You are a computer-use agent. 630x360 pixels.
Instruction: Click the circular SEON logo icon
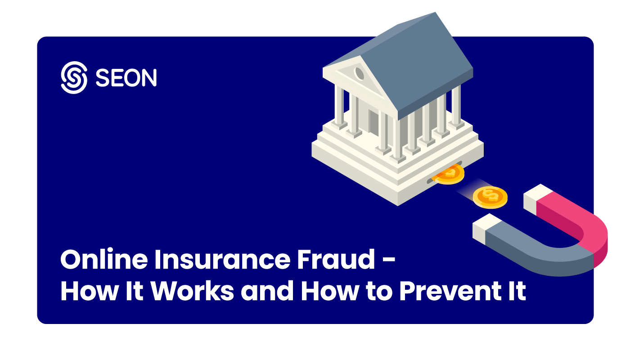(x=73, y=77)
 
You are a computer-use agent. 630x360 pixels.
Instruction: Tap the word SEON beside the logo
(x=126, y=78)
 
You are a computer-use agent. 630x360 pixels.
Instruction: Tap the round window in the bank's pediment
(x=360, y=72)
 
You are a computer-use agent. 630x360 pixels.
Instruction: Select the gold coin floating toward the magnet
(x=490, y=196)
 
